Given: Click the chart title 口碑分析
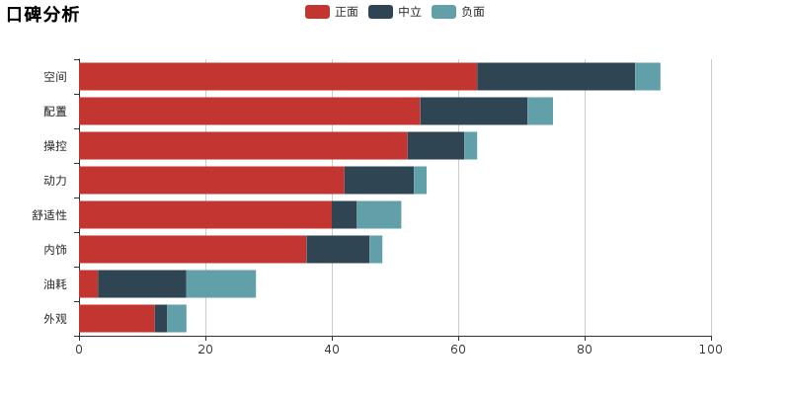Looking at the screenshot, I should [42, 14].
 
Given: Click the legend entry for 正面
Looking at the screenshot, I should [333, 12].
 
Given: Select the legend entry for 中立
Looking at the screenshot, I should [396, 12].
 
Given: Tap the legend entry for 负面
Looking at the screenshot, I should [459, 12].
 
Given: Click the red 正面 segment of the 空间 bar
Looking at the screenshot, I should [277, 77].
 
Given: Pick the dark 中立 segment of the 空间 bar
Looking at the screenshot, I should [556, 77].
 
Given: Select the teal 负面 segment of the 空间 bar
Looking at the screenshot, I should [648, 77].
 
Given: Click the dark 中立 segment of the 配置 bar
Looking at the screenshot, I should [474, 112].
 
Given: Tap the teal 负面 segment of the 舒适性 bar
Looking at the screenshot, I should [379, 215].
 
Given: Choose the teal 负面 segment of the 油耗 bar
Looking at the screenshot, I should [221, 284].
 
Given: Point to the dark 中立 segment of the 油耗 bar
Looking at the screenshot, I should [142, 284].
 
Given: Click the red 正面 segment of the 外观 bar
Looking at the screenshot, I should [117, 319].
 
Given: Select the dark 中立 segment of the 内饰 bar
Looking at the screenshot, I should [338, 250].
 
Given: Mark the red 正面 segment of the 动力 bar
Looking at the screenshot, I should [211, 181].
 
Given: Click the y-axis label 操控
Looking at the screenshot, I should [55, 146].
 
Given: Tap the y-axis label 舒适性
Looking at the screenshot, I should [49, 215].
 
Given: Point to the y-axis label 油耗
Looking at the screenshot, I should [55, 284].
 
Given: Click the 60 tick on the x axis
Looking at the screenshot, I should [458, 349].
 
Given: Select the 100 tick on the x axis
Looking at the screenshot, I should [711, 349].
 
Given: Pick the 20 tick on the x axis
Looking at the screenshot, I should [205, 349].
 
